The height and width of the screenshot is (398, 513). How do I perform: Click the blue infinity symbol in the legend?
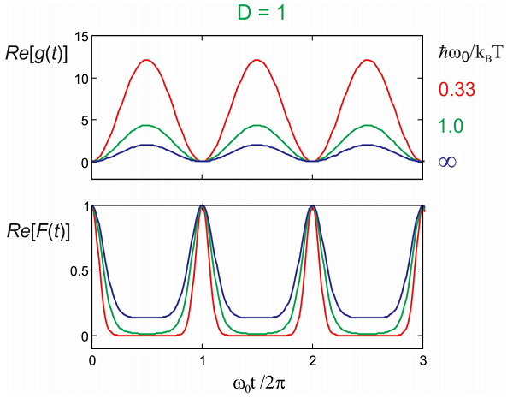coord(447,161)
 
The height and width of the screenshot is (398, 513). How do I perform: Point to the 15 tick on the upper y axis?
coord(77,37)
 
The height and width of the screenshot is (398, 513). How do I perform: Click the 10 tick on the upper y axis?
coord(77,79)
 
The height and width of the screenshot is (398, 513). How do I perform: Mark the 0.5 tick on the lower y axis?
coord(74,271)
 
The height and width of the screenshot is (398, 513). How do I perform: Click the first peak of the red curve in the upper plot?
coord(147,60)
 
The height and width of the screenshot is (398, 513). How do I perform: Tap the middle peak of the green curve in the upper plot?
coord(257,126)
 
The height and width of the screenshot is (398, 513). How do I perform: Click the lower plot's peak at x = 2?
coord(313,206)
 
